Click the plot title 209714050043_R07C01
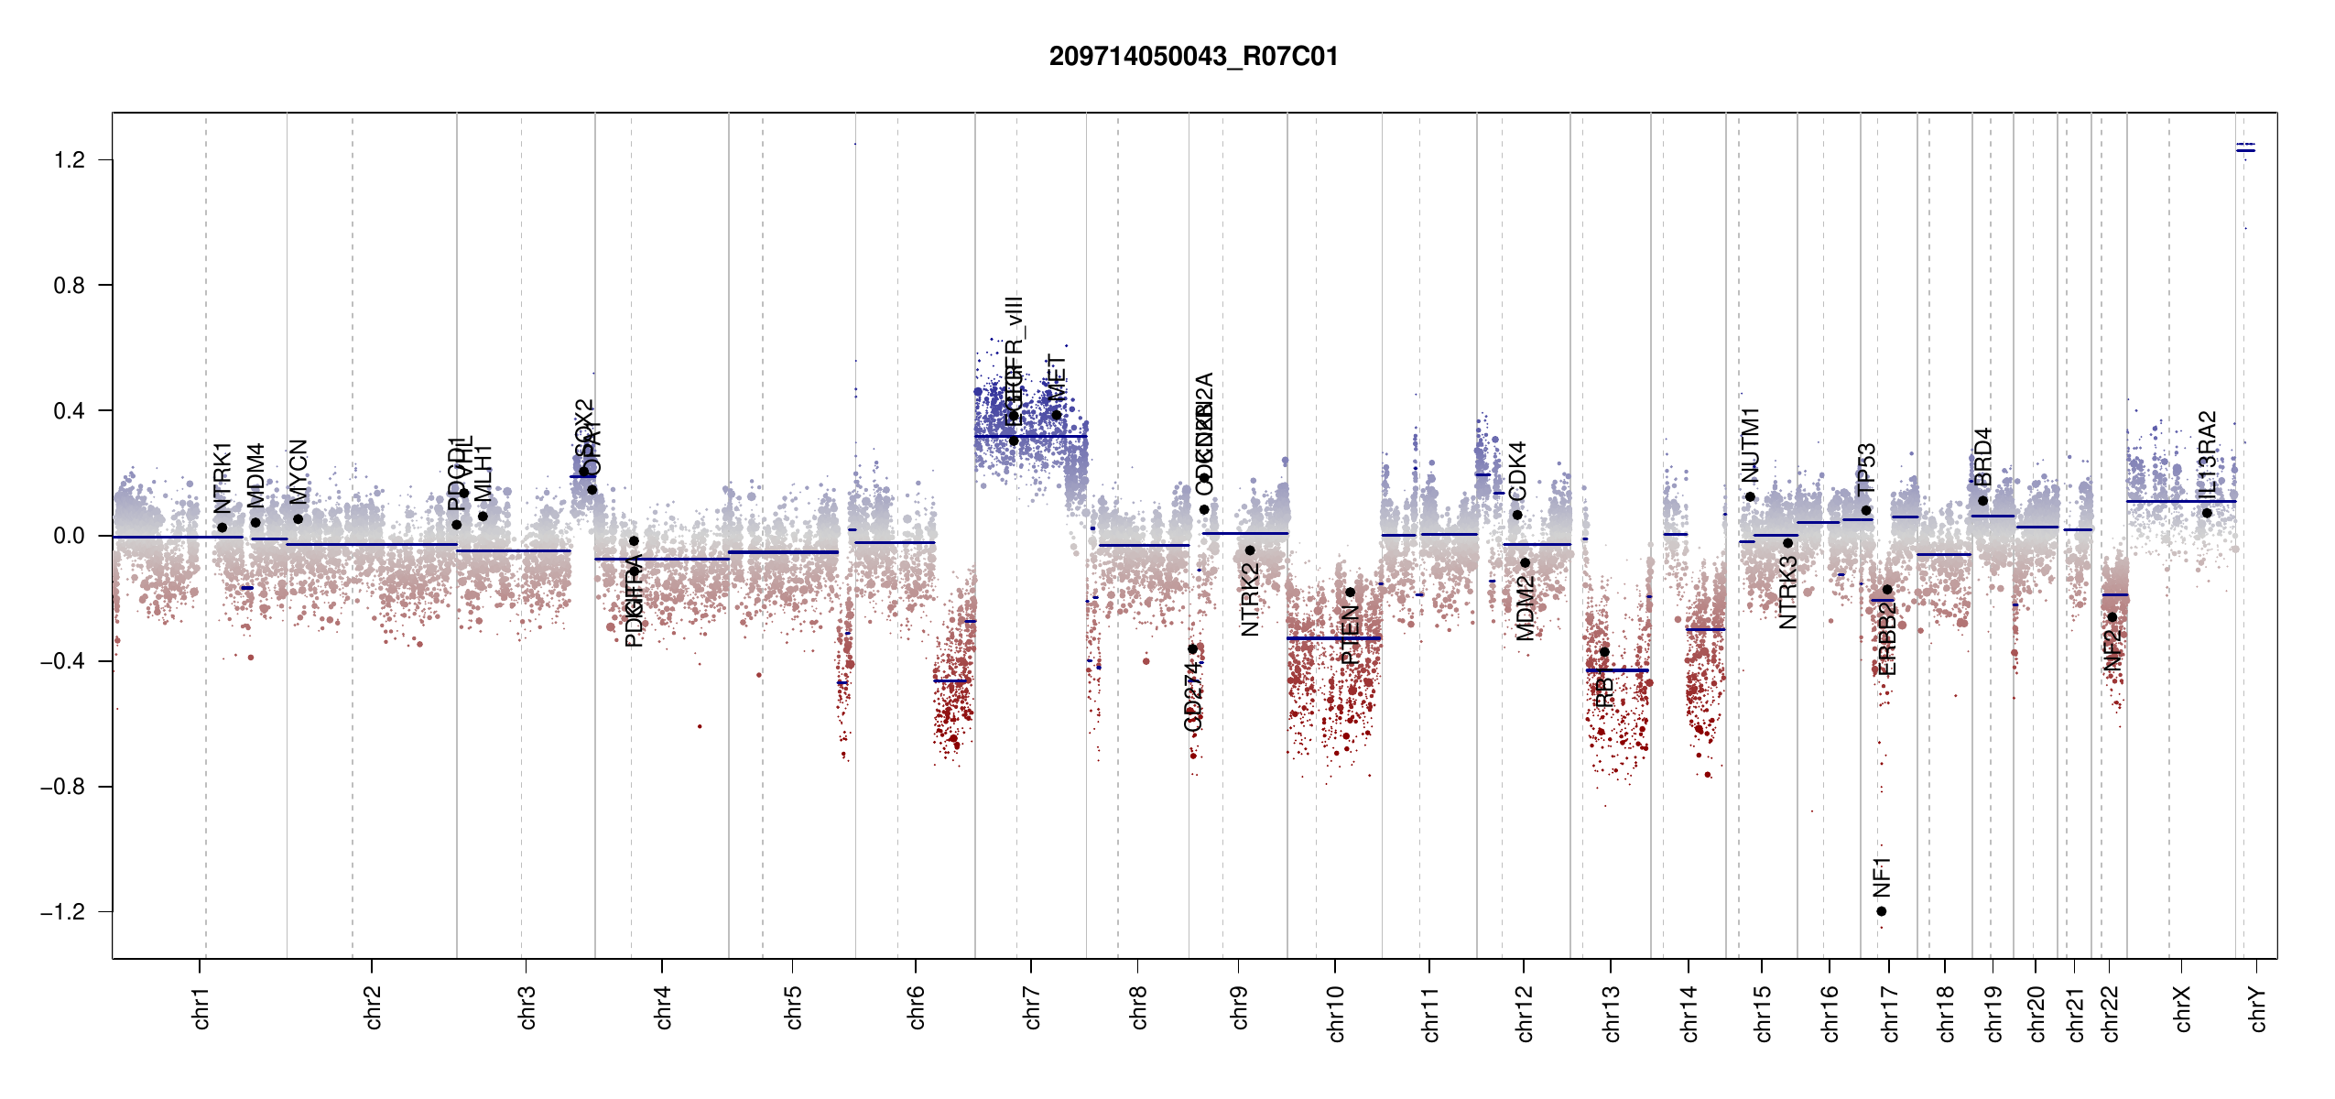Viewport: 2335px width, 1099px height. click(1193, 57)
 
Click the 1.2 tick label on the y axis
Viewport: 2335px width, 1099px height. click(69, 160)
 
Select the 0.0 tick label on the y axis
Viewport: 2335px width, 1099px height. click(69, 536)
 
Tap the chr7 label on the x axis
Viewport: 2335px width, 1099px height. click(1032, 1007)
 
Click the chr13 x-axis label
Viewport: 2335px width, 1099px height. click(1612, 1013)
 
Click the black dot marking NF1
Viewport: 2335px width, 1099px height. click(1881, 911)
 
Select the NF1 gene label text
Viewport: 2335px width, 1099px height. click(1881, 877)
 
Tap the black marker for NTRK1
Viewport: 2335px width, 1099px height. click(222, 528)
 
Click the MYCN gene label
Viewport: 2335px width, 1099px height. click(299, 472)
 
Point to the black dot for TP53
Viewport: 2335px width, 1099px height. click(1866, 511)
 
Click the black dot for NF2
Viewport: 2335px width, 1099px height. click(2112, 617)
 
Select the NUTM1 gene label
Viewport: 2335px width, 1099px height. click(1750, 445)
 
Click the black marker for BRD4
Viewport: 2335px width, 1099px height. click(1982, 501)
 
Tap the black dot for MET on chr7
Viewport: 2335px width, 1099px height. click(1056, 415)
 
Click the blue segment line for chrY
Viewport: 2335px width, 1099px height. click(2245, 150)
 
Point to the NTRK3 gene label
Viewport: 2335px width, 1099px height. click(1787, 593)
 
